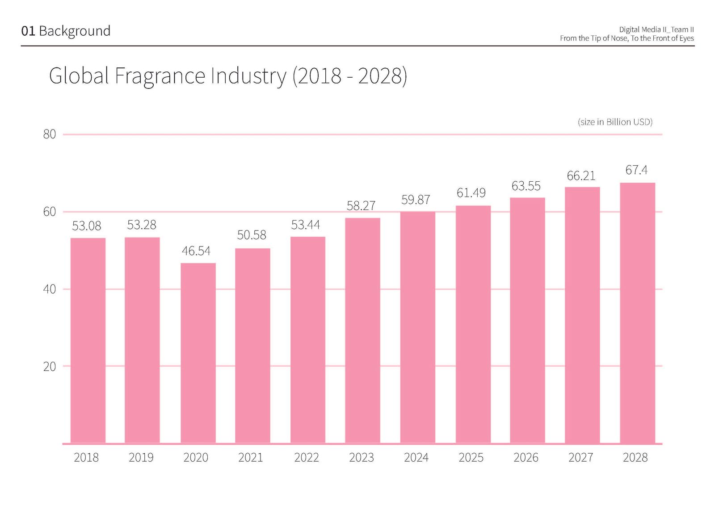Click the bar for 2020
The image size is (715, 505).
(198, 353)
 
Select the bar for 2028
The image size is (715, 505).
(637, 313)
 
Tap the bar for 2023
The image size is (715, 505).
(362, 330)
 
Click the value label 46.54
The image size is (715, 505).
(196, 251)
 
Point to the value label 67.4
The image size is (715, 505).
(636, 170)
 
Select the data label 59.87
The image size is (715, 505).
(416, 200)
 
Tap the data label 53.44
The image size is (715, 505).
(306, 225)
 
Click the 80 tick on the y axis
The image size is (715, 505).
(50, 134)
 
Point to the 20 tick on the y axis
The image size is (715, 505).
(50, 367)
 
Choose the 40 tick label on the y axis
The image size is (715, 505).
(50, 289)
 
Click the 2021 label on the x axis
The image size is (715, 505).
(251, 458)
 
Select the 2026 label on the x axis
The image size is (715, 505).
(526, 458)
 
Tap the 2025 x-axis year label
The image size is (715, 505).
(471, 458)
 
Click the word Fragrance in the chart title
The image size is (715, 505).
(160, 76)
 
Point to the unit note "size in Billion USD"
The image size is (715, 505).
(615, 122)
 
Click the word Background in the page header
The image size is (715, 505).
(75, 31)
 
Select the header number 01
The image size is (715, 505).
(28, 31)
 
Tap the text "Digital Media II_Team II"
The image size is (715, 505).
(656, 29)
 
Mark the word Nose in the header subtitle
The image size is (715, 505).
(619, 38)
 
